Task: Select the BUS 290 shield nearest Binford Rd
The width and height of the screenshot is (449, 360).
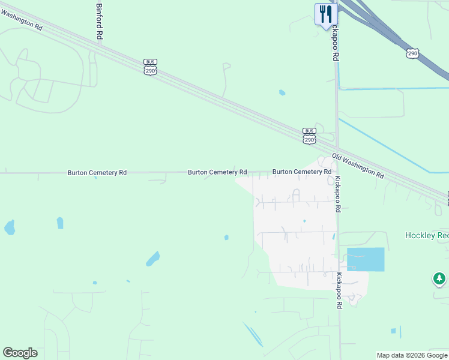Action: pos(150,67)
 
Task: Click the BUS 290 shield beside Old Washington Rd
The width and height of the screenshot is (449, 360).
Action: pos(309,135)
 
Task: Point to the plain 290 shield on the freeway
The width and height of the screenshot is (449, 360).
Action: pos(412,54)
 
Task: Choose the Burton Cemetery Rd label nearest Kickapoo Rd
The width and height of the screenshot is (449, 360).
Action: pos(302,172)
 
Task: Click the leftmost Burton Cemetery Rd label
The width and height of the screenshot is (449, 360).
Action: pos(97,172)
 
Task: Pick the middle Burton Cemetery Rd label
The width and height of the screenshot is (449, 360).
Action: pos(217,172)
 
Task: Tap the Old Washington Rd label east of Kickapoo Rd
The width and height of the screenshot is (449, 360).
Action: pos(357,166)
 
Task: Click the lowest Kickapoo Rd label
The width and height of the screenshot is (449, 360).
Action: pos(339,290)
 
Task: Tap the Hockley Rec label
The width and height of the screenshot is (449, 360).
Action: pos(426,235)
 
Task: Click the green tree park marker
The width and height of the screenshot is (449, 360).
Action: pos(439,279)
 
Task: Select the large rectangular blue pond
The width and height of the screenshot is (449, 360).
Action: pos(366,259)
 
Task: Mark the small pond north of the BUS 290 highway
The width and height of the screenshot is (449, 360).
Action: pos(282,92)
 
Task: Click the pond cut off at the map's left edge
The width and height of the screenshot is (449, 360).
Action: pos(8,227)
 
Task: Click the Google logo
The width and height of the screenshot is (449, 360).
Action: pos(20,353)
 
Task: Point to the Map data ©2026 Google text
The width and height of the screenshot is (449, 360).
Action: pos(412,355)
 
